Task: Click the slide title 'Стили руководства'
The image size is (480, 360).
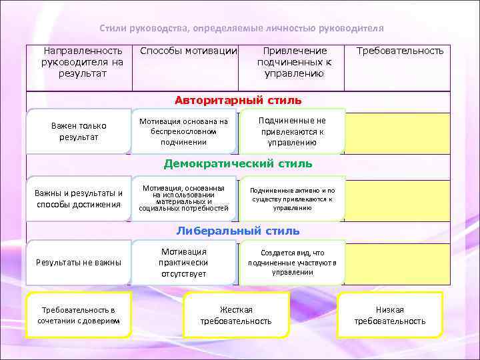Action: point(241,29)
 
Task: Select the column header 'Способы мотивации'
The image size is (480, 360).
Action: point(189,51)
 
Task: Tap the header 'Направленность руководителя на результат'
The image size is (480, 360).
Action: point(82,61)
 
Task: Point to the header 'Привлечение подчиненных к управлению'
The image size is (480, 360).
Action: point(295,61)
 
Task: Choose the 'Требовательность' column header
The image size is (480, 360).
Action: point(400,51)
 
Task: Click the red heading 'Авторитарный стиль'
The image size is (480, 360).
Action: point(238,101)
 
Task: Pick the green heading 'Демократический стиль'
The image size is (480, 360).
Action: point(238,163)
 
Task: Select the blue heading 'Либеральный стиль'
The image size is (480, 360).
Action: point(238,231)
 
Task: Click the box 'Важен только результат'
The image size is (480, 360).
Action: point(79,131)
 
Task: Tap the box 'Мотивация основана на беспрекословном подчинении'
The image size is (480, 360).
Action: point(184,131)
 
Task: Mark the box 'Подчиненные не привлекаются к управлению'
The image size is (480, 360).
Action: point(292,131)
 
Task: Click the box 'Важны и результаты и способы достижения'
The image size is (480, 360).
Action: point(79,199)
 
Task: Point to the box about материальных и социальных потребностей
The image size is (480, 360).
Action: point(184,199)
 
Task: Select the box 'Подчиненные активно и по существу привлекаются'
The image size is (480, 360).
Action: point(292,199)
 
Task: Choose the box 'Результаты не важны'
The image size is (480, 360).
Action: point(79,262)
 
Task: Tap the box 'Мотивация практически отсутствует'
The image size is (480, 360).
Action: point(184,262)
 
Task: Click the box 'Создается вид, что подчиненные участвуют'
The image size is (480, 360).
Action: point(292,262)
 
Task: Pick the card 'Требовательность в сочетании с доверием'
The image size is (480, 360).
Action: point(79,315)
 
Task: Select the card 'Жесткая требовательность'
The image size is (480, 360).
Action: point(236,315)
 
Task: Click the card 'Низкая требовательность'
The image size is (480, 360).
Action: point(389,315)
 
